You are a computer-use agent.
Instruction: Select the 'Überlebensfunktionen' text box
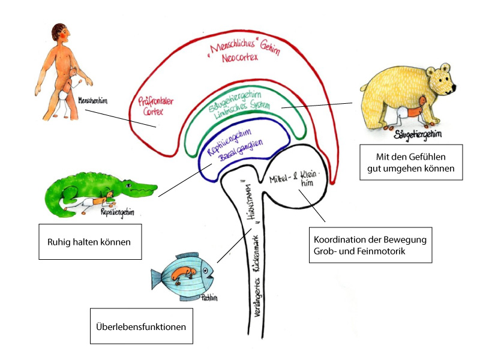coord(142,327)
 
